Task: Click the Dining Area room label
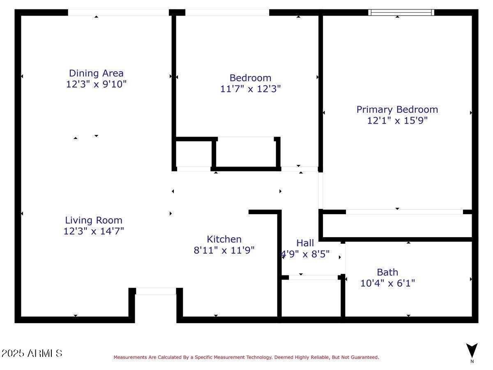[96, 73]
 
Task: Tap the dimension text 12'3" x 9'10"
[96, 84]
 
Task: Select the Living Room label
[94, 220]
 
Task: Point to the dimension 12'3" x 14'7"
[94, 231]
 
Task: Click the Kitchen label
[224, 239]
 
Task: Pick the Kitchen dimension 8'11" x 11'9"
[224, 250]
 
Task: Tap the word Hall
[305, 243]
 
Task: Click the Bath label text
[387, 272]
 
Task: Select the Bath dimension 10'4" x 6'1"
[387, 283]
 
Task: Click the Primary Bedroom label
[397, 109]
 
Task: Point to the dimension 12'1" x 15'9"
[397, 120]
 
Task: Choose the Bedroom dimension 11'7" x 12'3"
[250, 89]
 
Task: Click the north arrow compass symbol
[472, 351]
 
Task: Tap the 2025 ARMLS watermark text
[32, 353]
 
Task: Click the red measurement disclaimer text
[246, 357]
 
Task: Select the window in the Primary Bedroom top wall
[401, 12]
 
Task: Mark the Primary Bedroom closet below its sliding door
[397, 225]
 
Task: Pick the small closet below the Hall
[311, 298]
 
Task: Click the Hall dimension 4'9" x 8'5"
[305, 254]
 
